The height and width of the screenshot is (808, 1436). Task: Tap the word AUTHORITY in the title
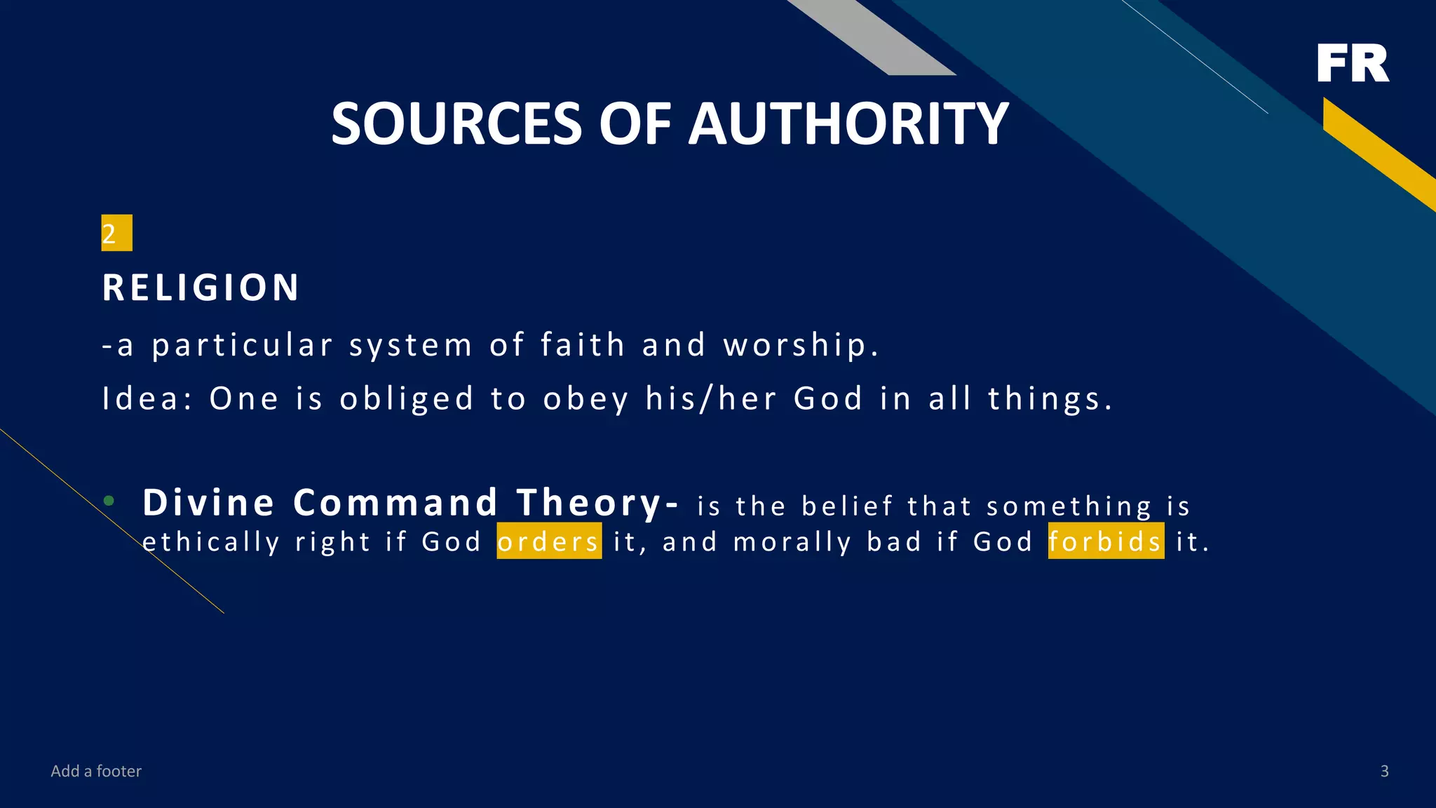tap(848, 124)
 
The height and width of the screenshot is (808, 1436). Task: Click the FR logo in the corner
tap(1353, 64)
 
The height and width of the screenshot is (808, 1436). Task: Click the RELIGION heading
tap(201, 288)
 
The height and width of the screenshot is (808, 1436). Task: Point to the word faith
tap(583, 345)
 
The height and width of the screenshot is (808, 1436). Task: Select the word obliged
tap(407, 399)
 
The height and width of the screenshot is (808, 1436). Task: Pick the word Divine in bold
tap(208, 503)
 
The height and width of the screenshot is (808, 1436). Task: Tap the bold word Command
tap(395, 503)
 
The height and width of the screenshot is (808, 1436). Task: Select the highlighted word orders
tap(549, 541)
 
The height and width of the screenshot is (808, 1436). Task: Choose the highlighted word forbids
tap(1106, 541)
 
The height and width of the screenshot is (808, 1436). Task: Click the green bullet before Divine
tap(109, 501)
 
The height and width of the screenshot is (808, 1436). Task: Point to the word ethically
tap(211, 542)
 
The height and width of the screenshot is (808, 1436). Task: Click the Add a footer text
tap(96, 772)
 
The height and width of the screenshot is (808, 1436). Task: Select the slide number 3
tap(1384, 772)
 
